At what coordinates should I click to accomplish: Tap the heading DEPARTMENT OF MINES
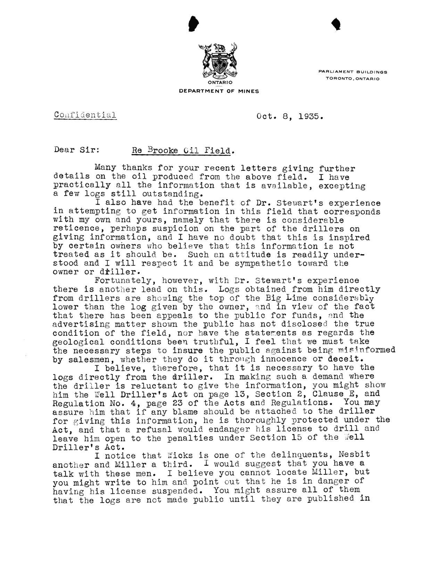coord(219,91)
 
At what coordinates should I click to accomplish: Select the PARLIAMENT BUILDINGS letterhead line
coord(353,72)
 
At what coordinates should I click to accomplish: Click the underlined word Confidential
coord(85,115)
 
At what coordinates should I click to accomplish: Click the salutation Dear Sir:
coord(77,150)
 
